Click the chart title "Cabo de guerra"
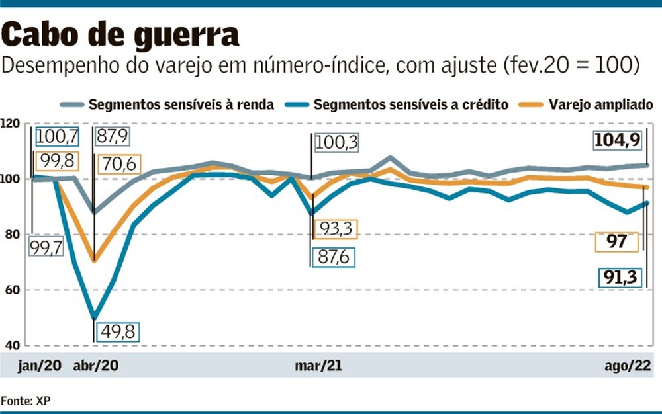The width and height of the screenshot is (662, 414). (x=121, y=34)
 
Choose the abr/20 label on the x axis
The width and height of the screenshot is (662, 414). (x=97, y=366)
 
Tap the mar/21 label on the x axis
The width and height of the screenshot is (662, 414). (x=318, y=366)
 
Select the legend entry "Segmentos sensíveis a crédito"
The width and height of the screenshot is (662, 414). (x=410, y=104)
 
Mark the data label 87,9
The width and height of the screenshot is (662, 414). (x=112, y=137)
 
